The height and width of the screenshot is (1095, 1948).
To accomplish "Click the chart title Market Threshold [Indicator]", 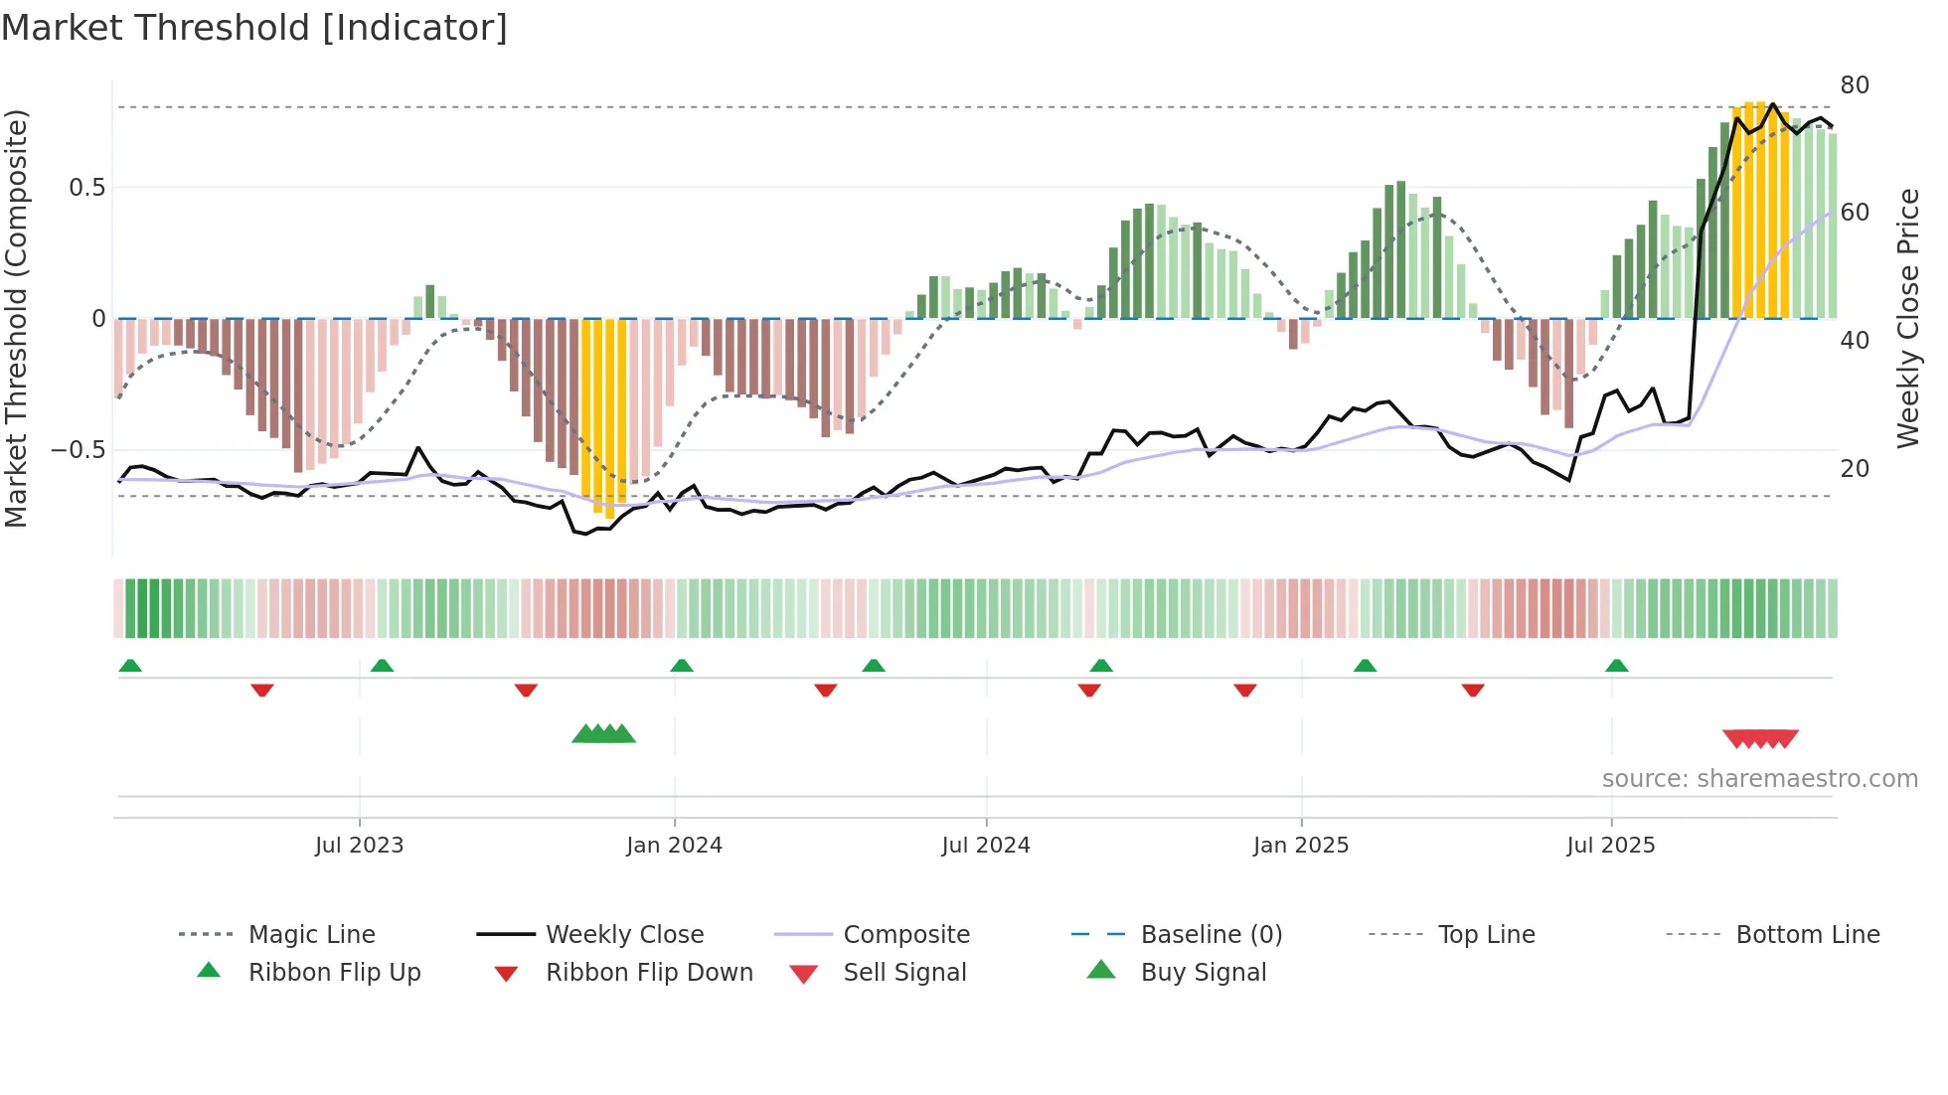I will click(254, 28).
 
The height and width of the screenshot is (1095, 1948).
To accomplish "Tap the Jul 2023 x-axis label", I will click(359, 846).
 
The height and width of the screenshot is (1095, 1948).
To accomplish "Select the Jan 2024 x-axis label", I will click(674, 846).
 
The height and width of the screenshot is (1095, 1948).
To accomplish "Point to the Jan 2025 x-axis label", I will click(1300, 846).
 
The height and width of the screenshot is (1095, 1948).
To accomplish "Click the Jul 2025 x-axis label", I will click(1610, 846).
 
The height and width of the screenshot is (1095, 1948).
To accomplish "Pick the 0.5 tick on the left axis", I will click(86, 188).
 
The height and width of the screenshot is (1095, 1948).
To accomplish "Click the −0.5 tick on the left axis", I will click(79, 450).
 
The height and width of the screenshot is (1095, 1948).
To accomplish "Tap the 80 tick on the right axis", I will click(1855, 85).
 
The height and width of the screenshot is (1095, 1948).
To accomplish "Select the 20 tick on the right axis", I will click(1855, 468).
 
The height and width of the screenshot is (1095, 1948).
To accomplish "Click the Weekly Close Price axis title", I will click(1907, 318).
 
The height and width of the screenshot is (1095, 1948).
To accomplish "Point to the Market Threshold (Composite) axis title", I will click(16, 318).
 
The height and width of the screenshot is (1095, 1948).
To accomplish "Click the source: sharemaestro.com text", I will click(1759, 779).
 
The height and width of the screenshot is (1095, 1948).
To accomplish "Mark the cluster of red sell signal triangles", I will click(1760, 739).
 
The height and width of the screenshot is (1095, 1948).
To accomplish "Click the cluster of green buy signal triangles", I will click(603, 734).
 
